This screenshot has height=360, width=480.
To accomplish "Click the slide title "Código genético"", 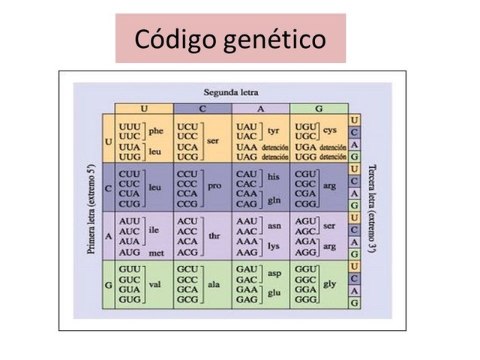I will (x=230, y=38).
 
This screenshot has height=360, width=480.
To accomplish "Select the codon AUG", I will (x=130, y=252).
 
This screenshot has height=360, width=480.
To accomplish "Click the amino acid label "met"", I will (x=157, y=253).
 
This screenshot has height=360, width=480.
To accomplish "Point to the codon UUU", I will (x=130, y=125).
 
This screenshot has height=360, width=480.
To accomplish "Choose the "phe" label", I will (x=156, y=130).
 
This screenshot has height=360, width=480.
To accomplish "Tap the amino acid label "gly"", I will (x=329, y=285).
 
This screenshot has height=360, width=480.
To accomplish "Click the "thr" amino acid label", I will (x=214, y=235).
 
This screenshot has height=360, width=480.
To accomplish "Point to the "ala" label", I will (x=214, y=285).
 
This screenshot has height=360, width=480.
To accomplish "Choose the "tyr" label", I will (x=274, y=130).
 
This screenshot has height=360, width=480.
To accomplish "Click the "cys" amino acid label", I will (x=330, y=130).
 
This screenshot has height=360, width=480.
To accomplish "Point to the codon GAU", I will (x=247, y=268).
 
